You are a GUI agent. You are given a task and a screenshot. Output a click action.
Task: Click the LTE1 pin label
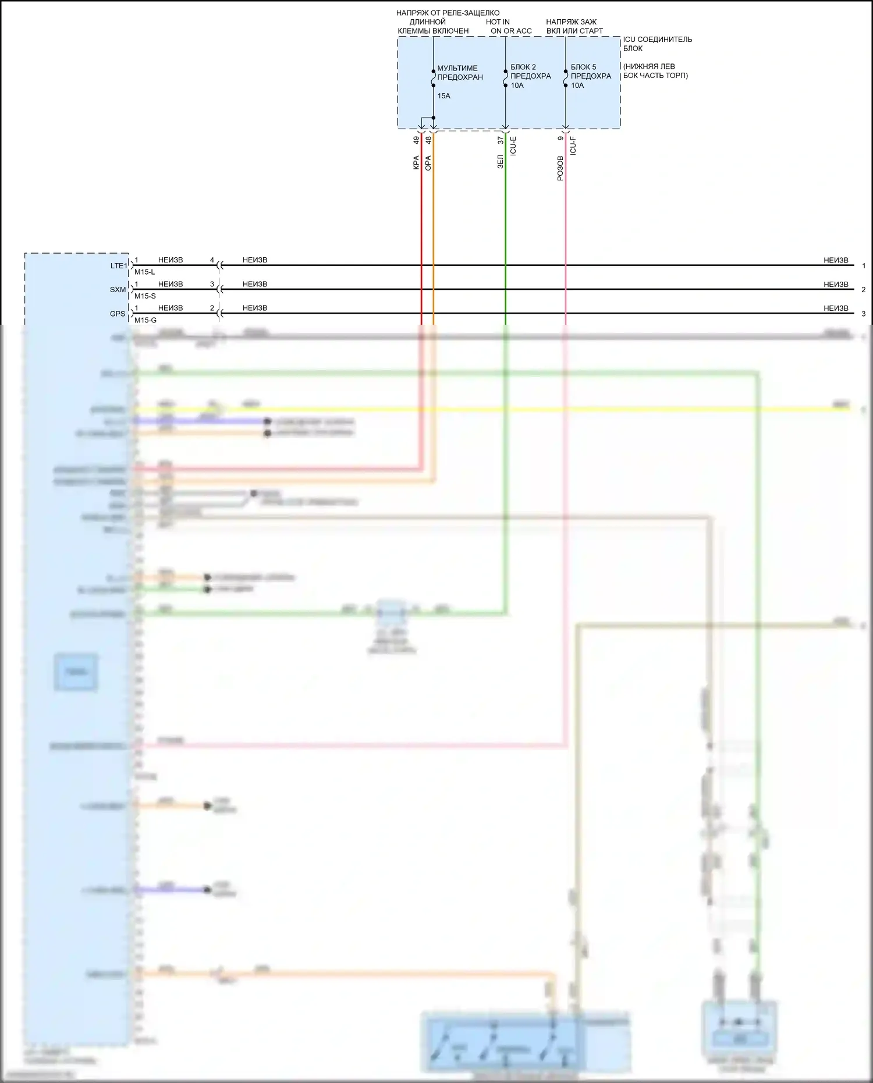[118, 266]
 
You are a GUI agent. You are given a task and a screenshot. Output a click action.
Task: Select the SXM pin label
[118, 290]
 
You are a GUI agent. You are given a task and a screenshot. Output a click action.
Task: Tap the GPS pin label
[118, 314]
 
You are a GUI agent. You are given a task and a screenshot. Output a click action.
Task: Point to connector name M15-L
[144, 272]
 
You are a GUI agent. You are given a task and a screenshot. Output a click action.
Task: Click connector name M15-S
[145, 296]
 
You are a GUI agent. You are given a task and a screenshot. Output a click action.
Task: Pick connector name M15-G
[145, 320]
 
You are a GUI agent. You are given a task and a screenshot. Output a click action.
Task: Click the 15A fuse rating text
[443, 96]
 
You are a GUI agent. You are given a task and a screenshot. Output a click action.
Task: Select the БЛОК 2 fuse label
[523, 67]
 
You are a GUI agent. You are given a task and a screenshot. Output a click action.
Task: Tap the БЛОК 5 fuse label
[583, 67]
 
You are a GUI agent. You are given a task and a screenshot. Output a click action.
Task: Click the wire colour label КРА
[416, 162]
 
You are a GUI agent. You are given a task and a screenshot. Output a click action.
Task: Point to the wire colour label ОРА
[428, 162]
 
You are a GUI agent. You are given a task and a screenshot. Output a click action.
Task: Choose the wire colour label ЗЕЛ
[500, 162]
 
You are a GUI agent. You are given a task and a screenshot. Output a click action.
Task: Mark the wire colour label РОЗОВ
[560, 168]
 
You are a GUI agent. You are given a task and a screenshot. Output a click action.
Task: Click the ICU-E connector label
[513, 145]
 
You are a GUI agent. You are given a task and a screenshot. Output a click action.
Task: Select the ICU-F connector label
[573, 145]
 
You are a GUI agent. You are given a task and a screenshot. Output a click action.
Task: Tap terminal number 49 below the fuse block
[416, 140]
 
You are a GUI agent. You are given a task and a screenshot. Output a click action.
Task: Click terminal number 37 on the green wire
[500, 140]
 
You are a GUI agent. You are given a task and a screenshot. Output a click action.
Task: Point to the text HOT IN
[498, 22]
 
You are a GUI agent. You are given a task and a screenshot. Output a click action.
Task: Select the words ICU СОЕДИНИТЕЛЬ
[658, 40]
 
